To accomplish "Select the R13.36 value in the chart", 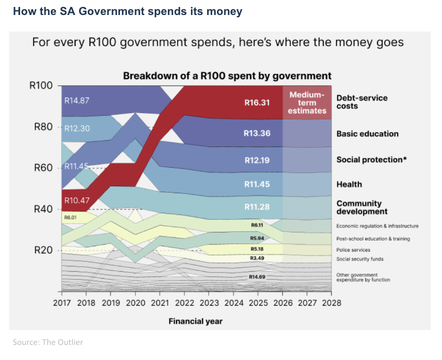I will pos(257,134).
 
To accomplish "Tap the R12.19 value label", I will pos(257,159).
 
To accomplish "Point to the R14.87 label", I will pos(77,100).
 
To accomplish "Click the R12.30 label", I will pos(77,129).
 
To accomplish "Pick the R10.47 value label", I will pos(77,200).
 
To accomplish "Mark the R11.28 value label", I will pos(257,207).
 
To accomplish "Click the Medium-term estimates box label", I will pos(307,103).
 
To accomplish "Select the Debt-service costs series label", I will pos(362,102).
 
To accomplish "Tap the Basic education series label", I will pos(368,134).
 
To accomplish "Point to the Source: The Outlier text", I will pos(48,342).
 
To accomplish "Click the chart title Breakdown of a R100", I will pos(227,76).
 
